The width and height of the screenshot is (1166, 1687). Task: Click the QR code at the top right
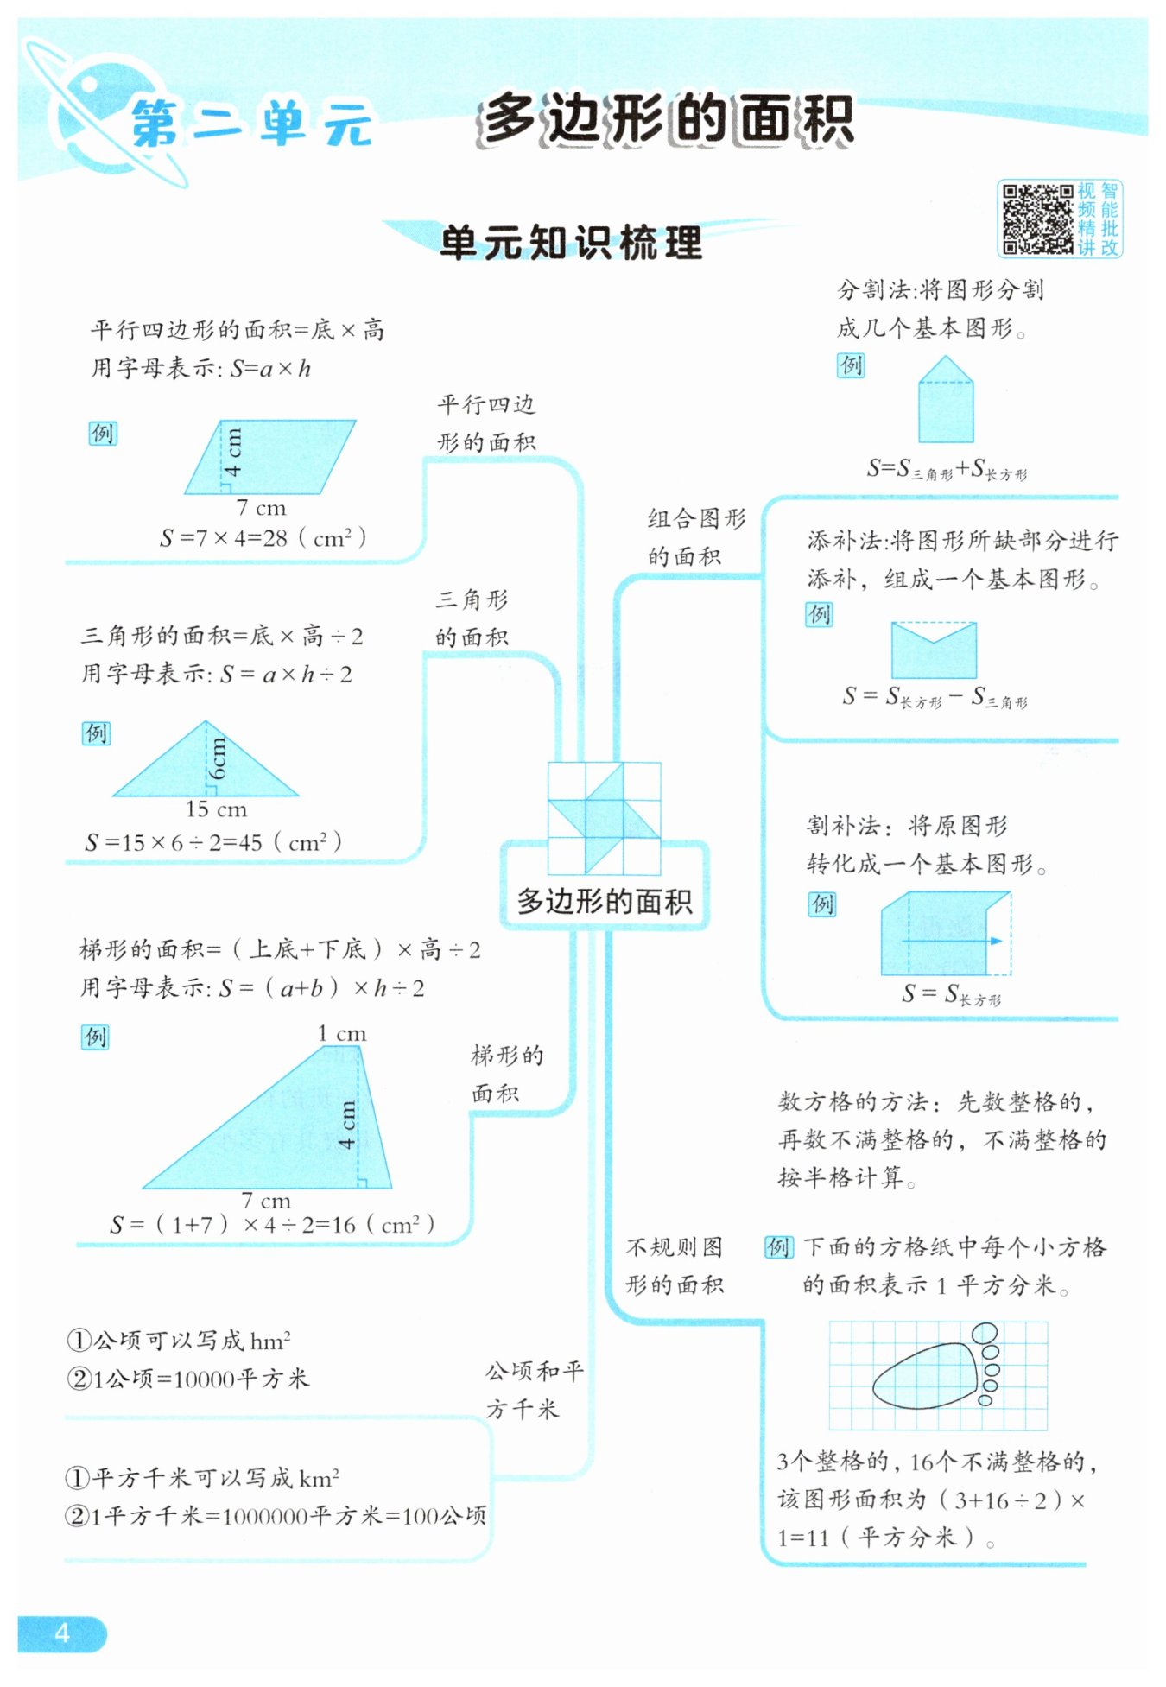click(x=1036, y=219)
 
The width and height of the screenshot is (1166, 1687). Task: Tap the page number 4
click(x=61, y=1632)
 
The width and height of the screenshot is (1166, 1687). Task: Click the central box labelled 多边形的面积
click(x=604, y=901)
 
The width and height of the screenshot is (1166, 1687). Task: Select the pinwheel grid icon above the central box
click(x=604, y=817)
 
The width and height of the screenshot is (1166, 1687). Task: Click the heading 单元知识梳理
click(x=571, y=243)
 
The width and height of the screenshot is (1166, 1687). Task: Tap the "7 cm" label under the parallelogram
click(x=261, y=508)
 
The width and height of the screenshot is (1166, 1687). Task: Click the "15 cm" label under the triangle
click(x=216, y=809)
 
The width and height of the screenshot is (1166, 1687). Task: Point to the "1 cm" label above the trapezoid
click(x=341, y=1033)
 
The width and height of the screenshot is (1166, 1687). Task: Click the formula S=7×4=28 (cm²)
click(x=263, y=538)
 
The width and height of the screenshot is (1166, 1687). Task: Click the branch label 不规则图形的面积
click(x=675, y=1265)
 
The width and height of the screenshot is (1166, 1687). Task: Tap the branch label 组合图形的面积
click(x=695, y=537)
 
